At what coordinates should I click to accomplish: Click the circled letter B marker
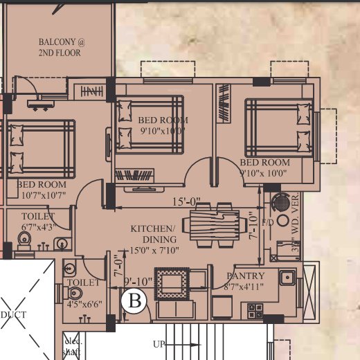136,301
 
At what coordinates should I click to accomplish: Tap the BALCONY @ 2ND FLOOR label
61,47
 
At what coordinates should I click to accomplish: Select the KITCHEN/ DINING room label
154,233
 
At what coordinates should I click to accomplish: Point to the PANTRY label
246,276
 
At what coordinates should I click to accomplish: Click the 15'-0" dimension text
186,202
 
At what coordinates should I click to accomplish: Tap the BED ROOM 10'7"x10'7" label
42,190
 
